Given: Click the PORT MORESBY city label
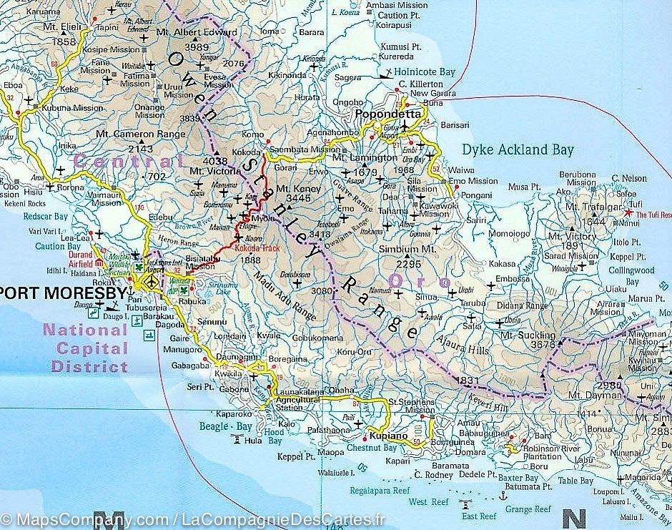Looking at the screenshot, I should (64, 293).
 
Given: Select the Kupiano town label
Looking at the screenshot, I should (388, 436).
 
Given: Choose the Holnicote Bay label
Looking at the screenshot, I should (426, 72).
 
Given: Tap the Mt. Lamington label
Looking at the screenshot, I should (364, 157).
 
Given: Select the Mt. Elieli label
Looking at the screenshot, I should (59, 31).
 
